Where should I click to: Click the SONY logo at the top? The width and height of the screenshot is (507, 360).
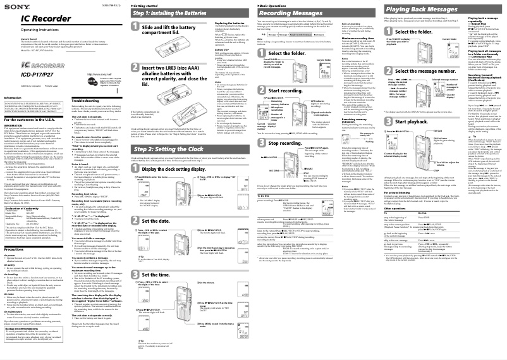coord(12,6)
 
